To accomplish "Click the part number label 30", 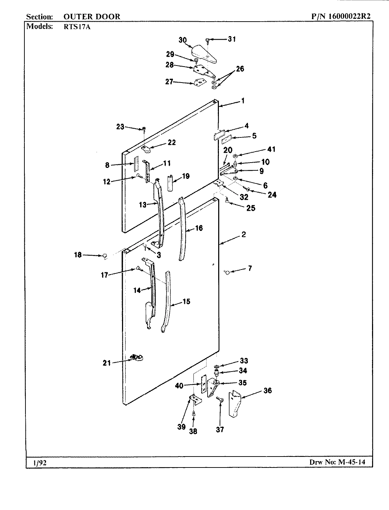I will [x=182, y=40].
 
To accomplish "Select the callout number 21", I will [x=106, y=363].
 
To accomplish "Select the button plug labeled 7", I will [x=227, y=272].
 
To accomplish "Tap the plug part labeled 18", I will [x=105, y=256].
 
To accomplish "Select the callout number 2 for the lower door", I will [x=244, y=234].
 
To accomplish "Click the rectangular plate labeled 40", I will [x=203, y=385].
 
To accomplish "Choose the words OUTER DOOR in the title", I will [x=92, y=16].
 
